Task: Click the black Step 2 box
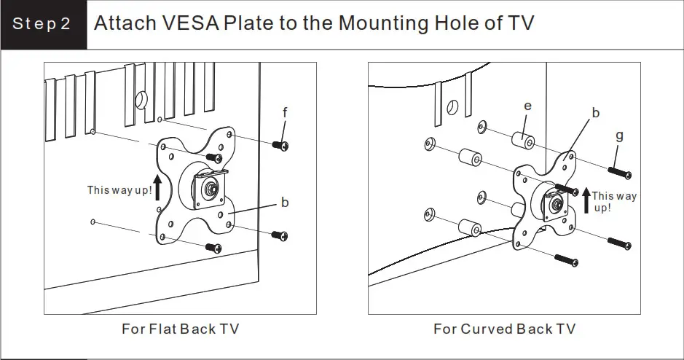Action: [42, 24]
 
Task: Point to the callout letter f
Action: [286, 112]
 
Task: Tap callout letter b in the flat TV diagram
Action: [286, 202]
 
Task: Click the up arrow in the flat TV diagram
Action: [157, 187]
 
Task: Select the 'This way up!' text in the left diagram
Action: [119, 190]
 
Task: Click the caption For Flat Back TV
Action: [180, 329]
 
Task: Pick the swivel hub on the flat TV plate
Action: [211, 188]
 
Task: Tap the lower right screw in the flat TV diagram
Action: [280, 235]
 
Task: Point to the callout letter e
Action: [528, 106]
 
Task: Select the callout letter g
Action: [619, 136]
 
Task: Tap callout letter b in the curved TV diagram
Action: [595, 113]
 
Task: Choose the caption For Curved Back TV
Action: [504, 329]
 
